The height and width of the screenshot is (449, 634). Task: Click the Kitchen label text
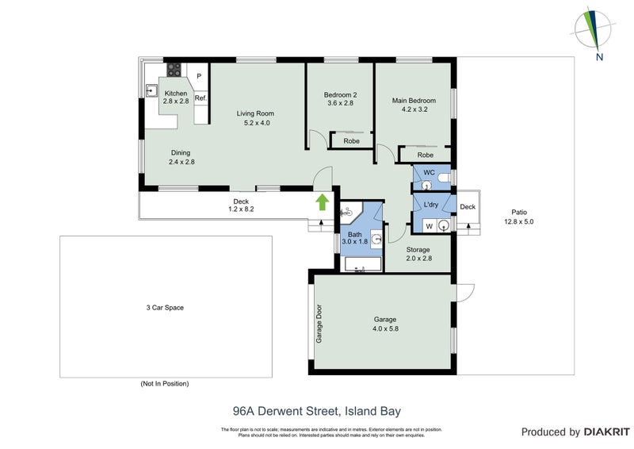pyautogui.click(x=175, y=94)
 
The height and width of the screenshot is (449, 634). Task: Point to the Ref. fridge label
pyautogui.click(x=201, y=98)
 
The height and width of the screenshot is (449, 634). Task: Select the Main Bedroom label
pyautogui.click(x=414, y=101)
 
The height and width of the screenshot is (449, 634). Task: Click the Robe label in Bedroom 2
pyautogui.click(x=351, y=141)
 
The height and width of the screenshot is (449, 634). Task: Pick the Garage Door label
pyautogui.click(x=320, y=323)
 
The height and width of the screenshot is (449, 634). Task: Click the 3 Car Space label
pyautogui.click(x=165, y=307)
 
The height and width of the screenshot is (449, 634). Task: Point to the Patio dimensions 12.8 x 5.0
pyautogui.click(x=519, y=222)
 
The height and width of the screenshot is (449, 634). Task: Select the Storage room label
pyautogui.click(x=418, y=250)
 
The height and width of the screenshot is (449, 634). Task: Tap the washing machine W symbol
pyautogui.click(x=429, y=225)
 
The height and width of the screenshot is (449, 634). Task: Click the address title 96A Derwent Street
pyautogui.click(x=316, y=411)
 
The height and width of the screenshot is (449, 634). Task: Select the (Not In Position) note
pyautogui.click(x=165, y=384)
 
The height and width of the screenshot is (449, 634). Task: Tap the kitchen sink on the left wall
pyautogui.click(x=150, y=90)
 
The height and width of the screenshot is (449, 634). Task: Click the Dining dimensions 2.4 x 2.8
pyautogui.click(x=181, y=162)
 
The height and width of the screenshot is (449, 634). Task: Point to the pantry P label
pyautogui.click(x=199, y=76)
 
